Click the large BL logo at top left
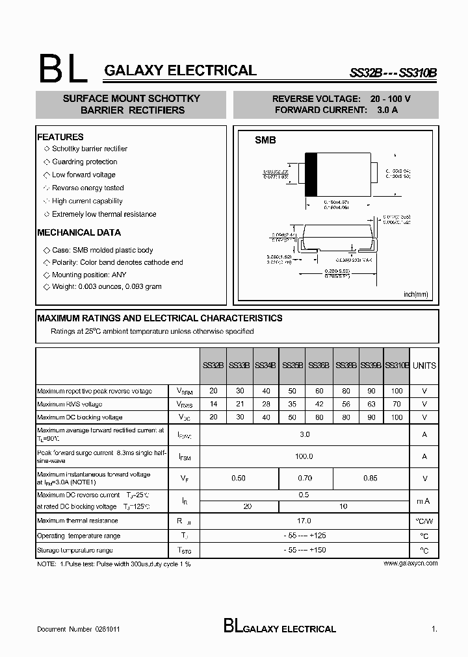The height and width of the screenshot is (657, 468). coord(63,68)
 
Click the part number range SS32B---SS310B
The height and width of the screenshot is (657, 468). coord(393,73)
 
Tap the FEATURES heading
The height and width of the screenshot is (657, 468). coord(60,137)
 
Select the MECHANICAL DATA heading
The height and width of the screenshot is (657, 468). coord(79,232)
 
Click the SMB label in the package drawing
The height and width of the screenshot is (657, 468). coord(265,140)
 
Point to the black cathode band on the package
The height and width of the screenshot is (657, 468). coord(311,174)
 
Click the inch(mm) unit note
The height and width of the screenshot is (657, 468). coord(416,294)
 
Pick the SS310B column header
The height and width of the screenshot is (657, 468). coord(397,366)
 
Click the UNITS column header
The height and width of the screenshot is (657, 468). coord(424,366)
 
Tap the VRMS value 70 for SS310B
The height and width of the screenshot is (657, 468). coord(397,404)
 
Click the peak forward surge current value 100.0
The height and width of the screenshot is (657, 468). coord(304,456)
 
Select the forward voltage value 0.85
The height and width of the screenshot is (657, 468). coord(370,478)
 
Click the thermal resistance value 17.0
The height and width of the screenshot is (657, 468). coord(304,521)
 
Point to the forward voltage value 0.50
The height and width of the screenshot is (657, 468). coord(239,478)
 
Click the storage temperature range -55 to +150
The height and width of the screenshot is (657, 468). coord(304,550)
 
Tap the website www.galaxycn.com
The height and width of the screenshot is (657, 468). coord(410,564)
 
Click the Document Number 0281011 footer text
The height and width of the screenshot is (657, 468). coord(78,629)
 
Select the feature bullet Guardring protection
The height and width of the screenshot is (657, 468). coord(84,162)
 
